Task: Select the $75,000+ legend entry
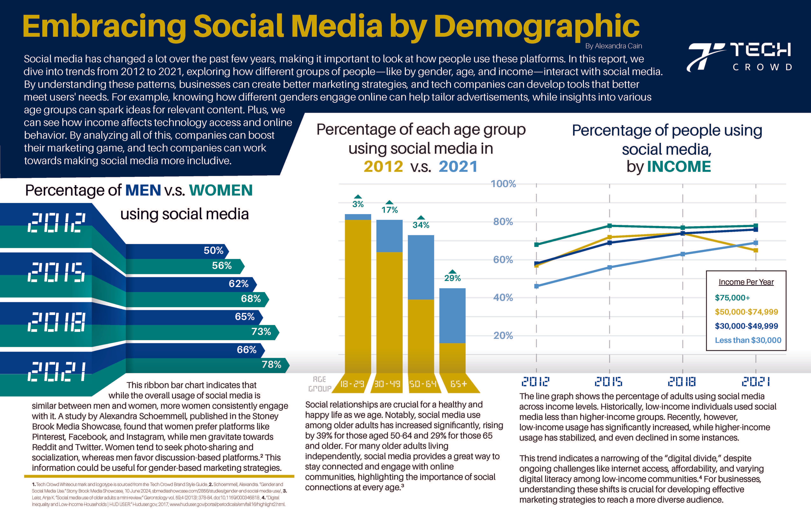[732, 298]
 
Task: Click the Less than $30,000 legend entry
[748, 340]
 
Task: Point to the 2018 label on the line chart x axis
[682, 381]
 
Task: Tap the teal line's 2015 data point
[610, 226]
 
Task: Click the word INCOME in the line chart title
[679, 167]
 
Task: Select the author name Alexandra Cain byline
[613, 46]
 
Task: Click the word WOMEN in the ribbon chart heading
[221, 190]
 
